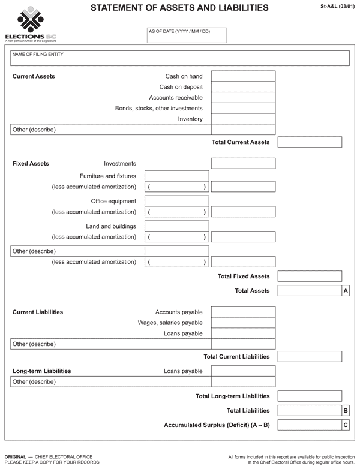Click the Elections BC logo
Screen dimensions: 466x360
30,24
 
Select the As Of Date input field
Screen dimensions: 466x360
187,35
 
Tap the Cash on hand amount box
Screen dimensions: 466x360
243,76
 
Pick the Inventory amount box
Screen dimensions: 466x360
243,119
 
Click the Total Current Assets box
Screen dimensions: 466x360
310,142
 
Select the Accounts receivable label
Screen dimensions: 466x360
176,98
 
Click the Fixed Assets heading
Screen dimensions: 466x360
31,163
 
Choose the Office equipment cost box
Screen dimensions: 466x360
176,201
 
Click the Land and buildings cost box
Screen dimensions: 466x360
176,226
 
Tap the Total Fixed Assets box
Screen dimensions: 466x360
310,276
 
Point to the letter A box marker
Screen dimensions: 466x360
346,291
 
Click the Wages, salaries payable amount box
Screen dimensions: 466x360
243,323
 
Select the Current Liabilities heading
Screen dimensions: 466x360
38,312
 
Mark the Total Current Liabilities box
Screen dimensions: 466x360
310,356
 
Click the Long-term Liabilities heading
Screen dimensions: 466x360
41,371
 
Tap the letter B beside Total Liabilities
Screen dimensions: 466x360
346,411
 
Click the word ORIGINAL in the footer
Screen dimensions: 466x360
16,458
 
